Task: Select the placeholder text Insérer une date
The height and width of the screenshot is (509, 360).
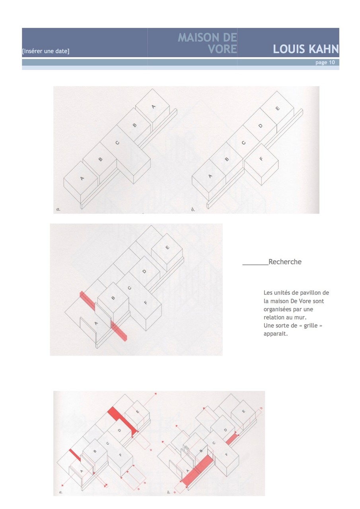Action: pos(46,51)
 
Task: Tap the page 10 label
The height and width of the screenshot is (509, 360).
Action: pos(325,62)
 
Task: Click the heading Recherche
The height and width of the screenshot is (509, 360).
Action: pos(285,262)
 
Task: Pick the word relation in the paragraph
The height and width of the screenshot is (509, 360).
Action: pos(274,317)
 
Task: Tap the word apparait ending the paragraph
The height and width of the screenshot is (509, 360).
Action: pos(275,334)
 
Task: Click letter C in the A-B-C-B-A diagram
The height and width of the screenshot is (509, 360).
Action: pos(117,142)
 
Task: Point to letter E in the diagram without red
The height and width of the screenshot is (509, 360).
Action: pos(277,109)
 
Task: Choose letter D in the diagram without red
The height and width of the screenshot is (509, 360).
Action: pos(261,126)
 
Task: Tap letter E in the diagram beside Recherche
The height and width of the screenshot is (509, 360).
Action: pos(167,247)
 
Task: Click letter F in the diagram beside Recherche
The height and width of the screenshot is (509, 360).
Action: pos(146,303)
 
